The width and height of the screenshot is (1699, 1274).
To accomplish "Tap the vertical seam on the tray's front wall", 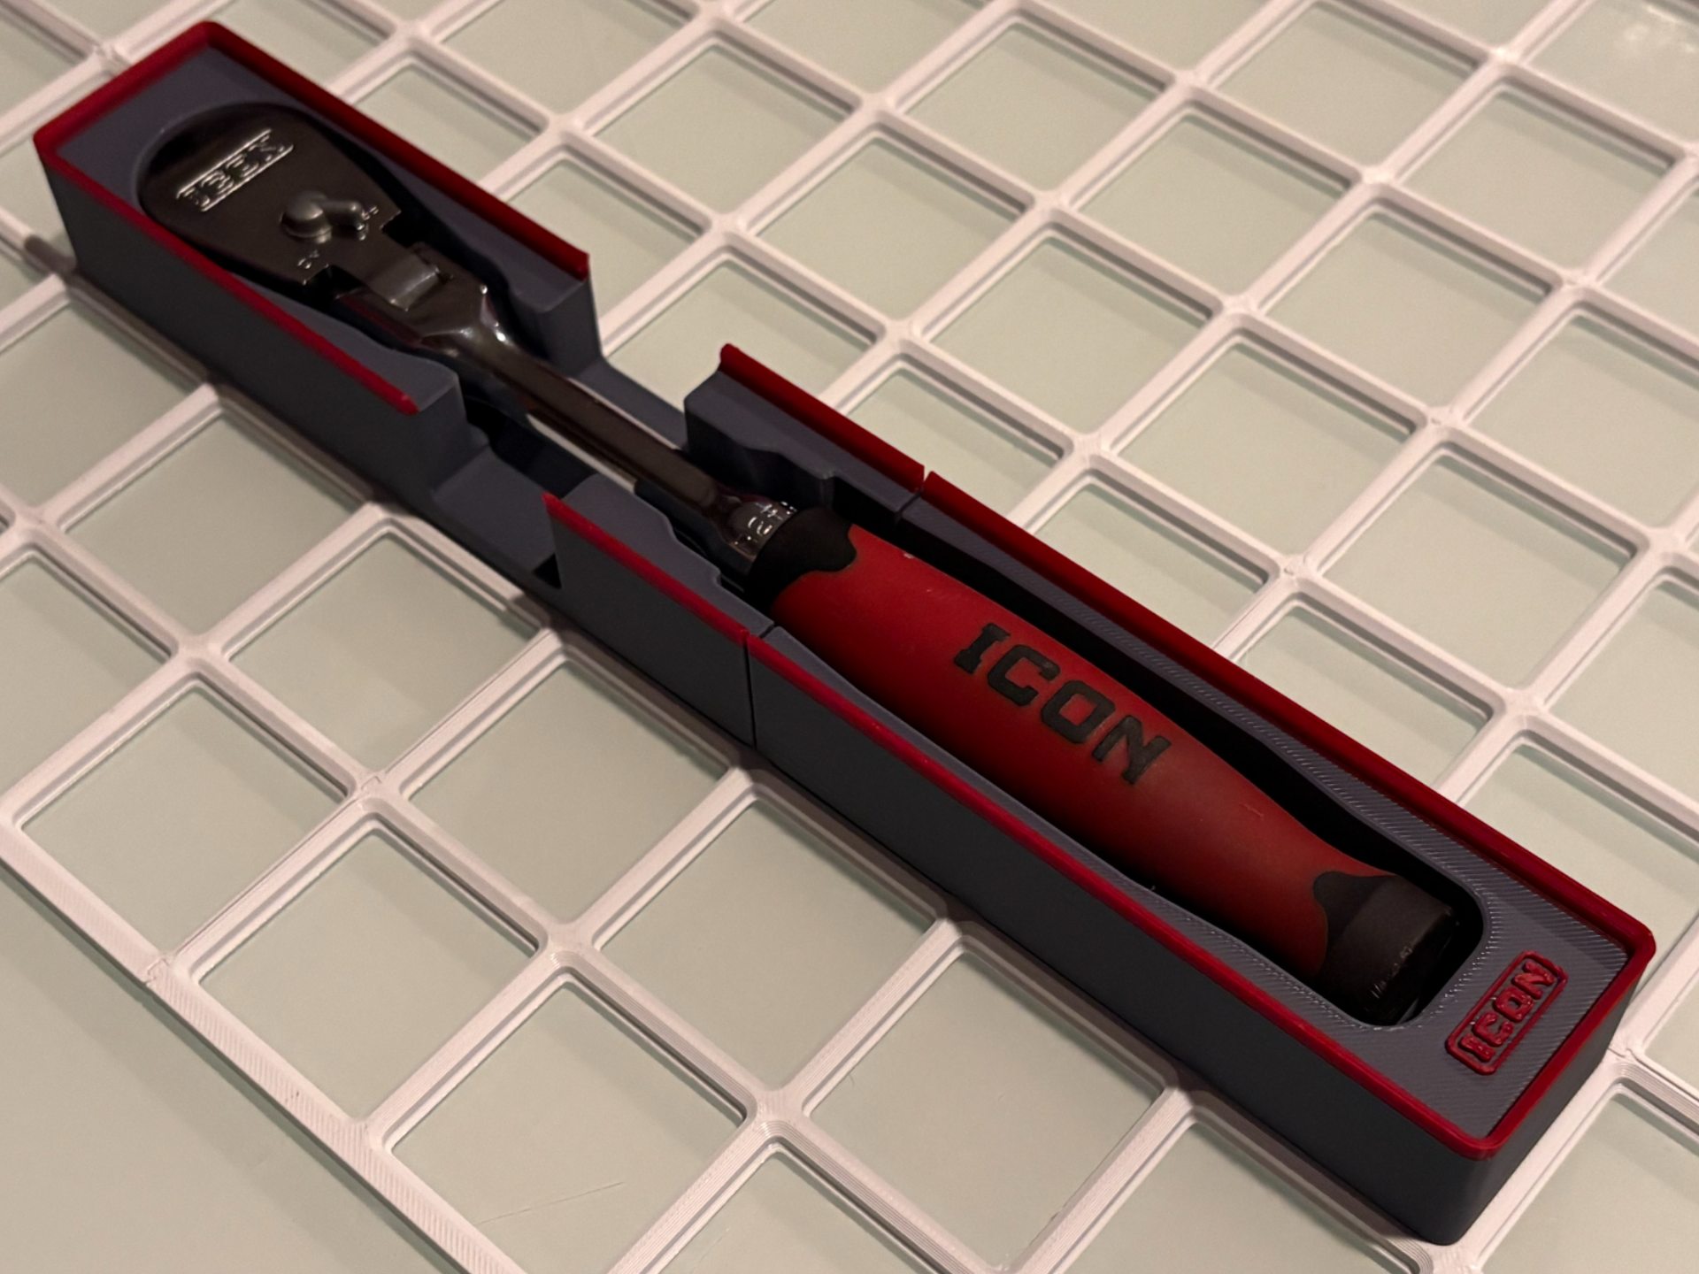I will click(x=750, y=699).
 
